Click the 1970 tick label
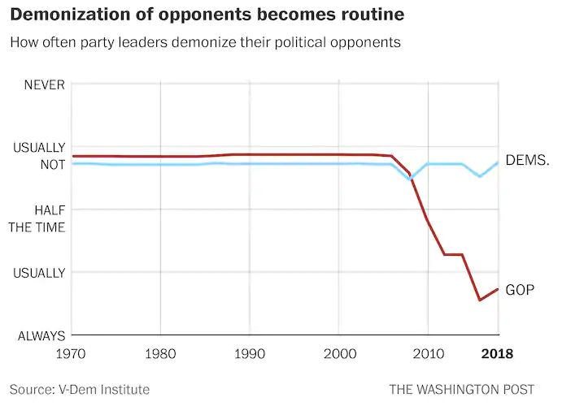[72, 354]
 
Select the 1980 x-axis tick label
[160, 354]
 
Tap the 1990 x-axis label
[249, 354]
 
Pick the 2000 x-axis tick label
[338, 354]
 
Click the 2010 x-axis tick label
[427, 354]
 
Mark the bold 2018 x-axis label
[498, 354]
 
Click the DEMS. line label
[527, 160]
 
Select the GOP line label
[520, 289]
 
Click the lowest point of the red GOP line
[480, 300]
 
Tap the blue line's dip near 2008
[410, 179]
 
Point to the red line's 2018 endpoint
[498, 289]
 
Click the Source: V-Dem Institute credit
[80, 389]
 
